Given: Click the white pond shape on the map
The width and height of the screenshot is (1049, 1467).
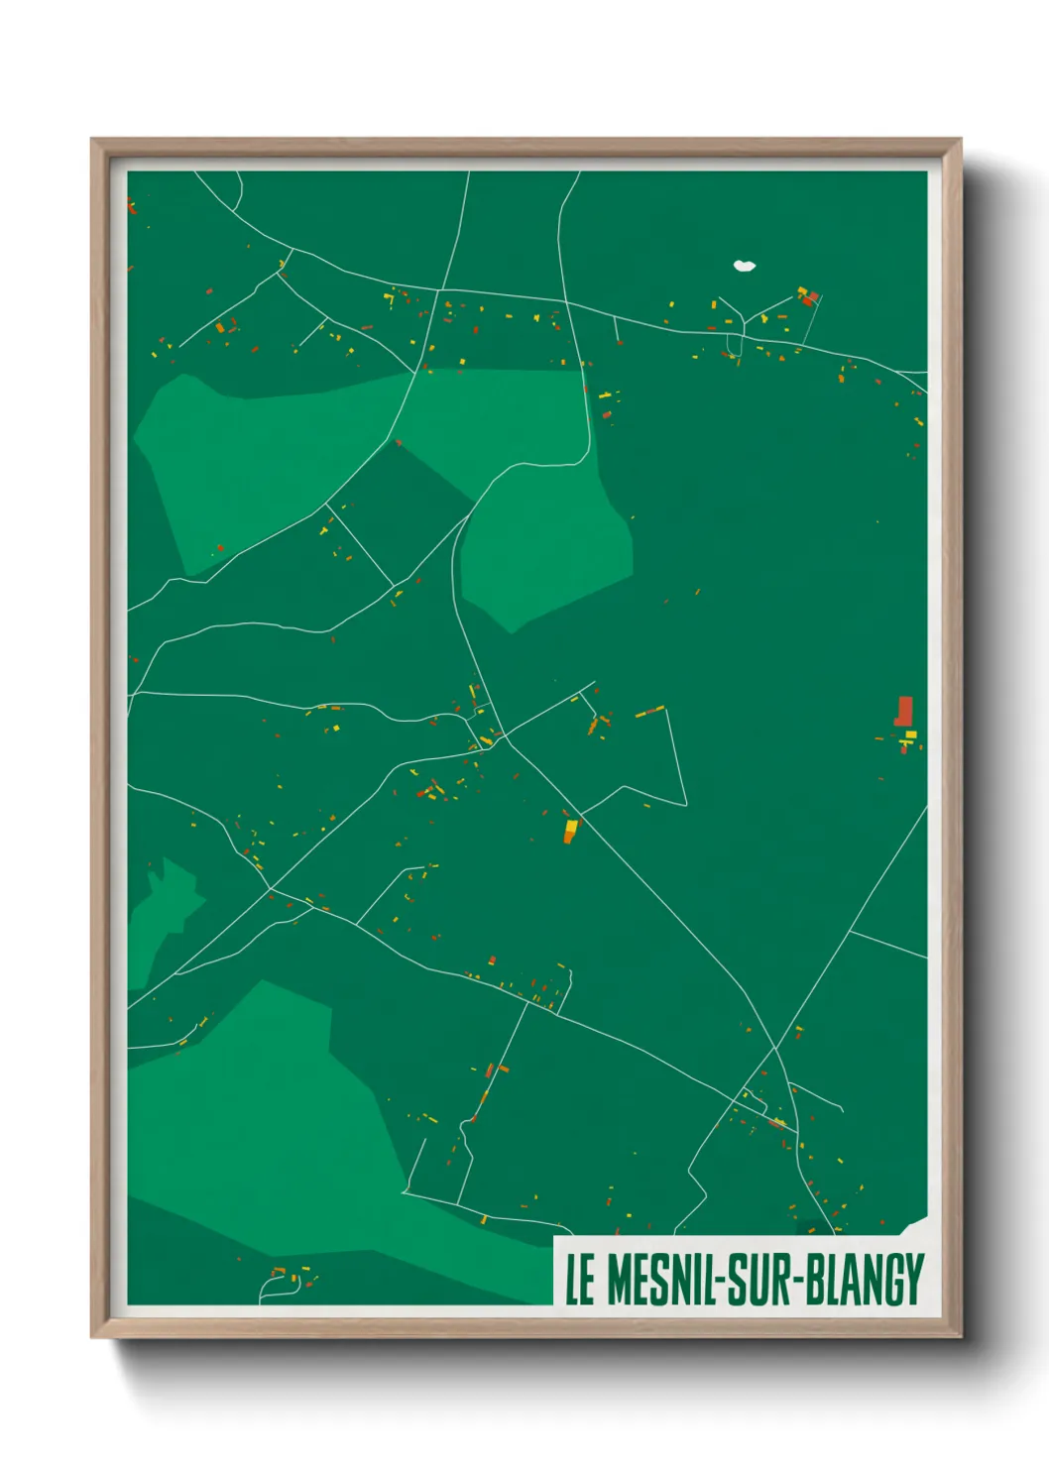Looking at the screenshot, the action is [744, 266].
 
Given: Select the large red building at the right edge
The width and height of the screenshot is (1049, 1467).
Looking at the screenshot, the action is [903, 711].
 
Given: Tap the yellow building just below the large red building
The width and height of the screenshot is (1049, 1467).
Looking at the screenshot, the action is [910, 735].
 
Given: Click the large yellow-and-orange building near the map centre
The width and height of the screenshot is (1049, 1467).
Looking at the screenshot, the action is [570, 831].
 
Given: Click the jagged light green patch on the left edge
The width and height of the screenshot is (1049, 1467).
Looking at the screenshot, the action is [164, 907].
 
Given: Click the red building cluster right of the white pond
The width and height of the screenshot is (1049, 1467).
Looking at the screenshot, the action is [807, 295].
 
